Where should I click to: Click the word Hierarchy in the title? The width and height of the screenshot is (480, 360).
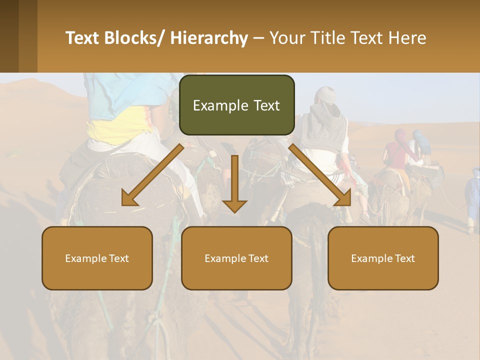coord(209,38)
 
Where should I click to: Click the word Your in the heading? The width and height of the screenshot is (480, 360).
coord(287,38)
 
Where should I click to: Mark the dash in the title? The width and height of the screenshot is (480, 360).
coord(258,38)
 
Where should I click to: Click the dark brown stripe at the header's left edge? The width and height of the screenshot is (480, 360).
coord(9,36)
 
